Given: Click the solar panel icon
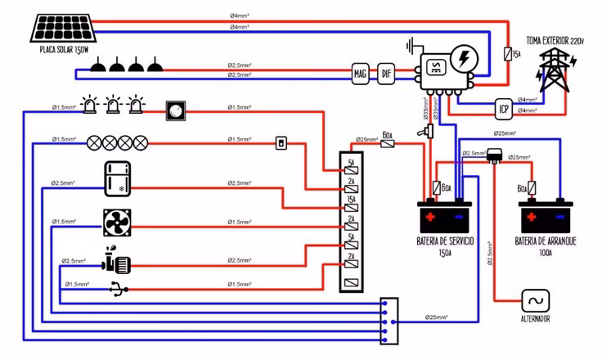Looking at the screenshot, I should pyautogui.click(x=66, y=28).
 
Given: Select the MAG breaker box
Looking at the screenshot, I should pyautogui.click(x=361, y=74).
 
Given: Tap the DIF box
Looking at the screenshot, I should pyautogui.click(x=387, y=74).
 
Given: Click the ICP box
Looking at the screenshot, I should pyautogui.click(x=505, y=108).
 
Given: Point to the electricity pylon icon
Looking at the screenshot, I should pyautogui.click(x=555, y=70).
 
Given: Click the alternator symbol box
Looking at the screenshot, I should pyautogui.click(x=536, y=300).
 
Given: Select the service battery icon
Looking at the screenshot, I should pyautogui.click(x=445, y=218).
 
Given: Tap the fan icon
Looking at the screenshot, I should pyautogui.click(x=118, y=223).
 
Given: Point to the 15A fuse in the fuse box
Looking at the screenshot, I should pyautogui.click(x=350, y=200).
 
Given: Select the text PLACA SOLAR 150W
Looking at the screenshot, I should pyautogui.click(x=64, y=50).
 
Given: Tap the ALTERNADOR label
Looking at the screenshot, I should pyautogui.click(x=536, y=318).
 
